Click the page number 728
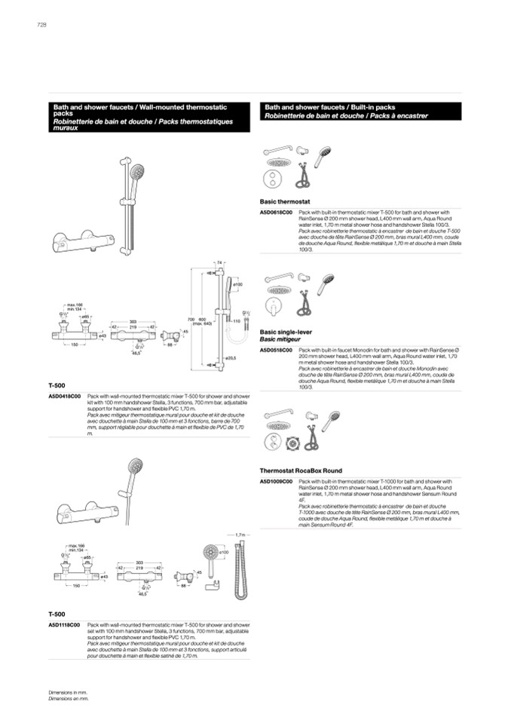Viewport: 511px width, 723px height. point(41,25)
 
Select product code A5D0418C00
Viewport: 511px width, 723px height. point(65,395)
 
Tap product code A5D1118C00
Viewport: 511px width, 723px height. point(65,625)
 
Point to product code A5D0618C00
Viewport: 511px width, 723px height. point(275,213)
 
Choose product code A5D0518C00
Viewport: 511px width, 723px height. point(275,351)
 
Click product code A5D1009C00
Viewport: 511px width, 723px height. point(275,481)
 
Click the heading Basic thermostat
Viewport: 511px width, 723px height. point(285,203)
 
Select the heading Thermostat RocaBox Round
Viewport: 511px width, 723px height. point(300,470)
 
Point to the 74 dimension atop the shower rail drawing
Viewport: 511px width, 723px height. point(219,262)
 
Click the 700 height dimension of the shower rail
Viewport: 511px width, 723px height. point(191,320)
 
